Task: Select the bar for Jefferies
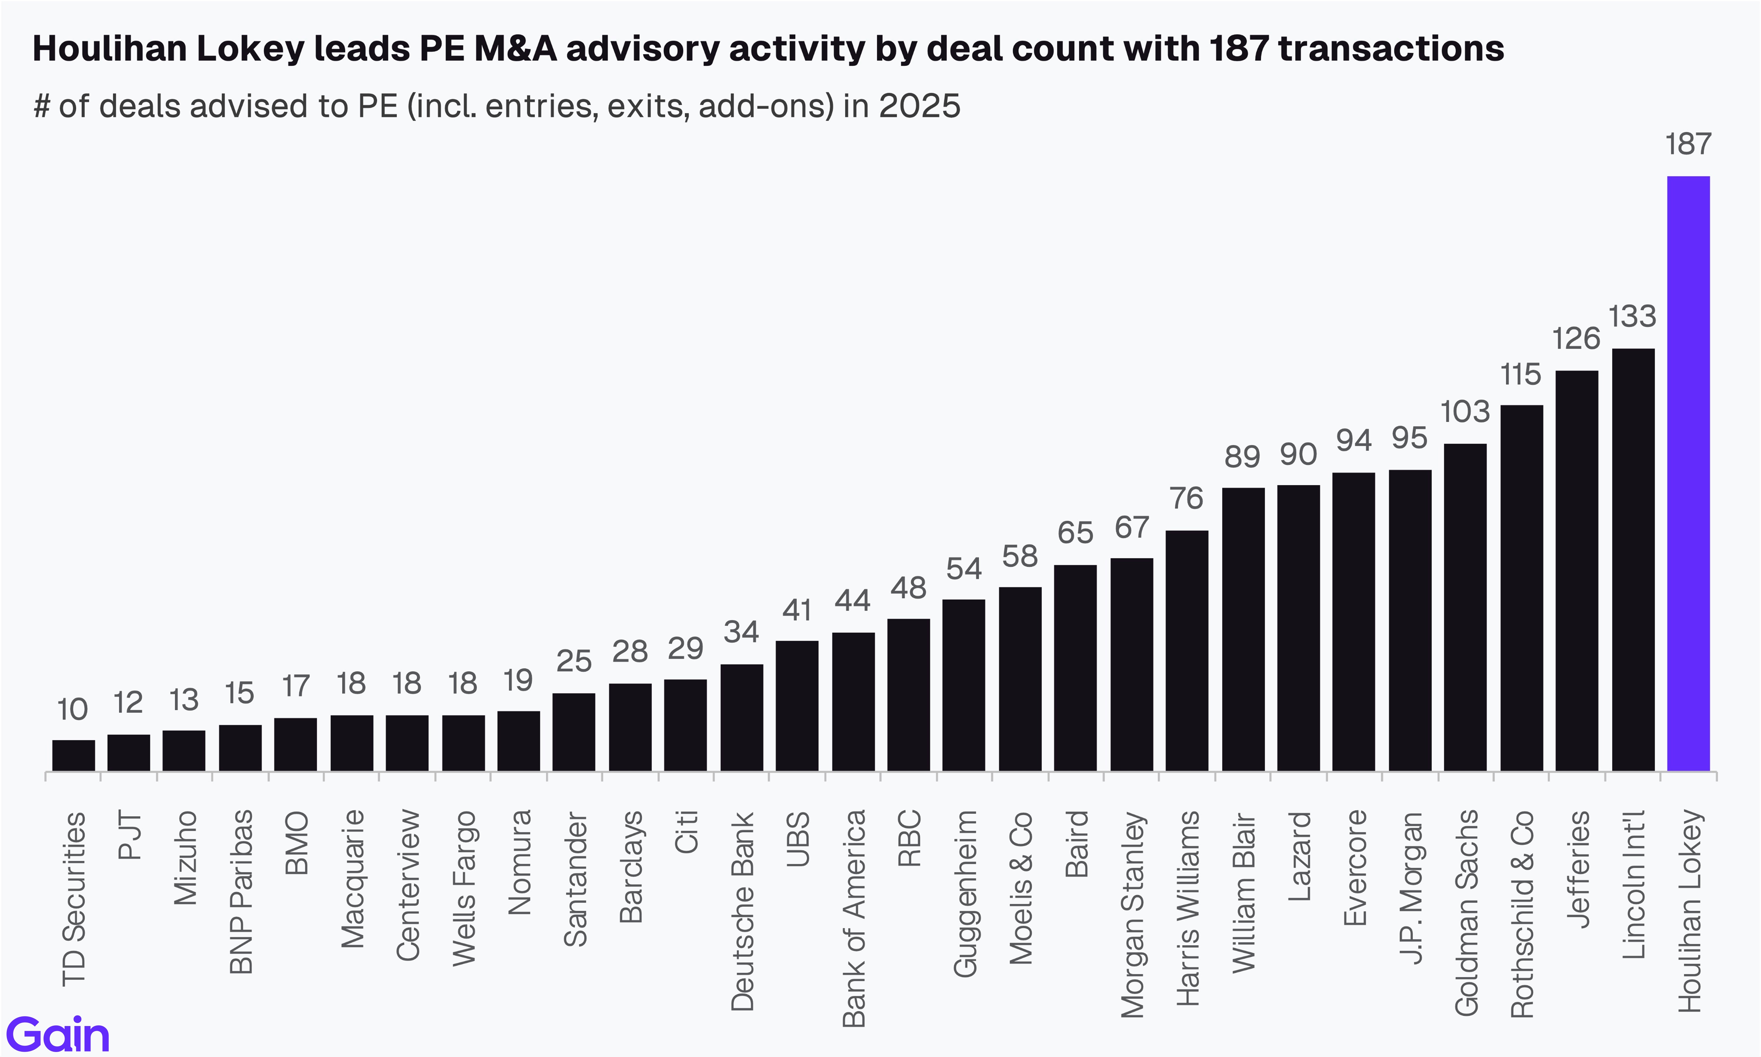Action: [x=1577, y=570]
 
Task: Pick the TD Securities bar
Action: [x=73, y=755]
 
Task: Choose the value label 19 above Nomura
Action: [x=518, y=681]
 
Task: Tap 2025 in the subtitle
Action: [x=920, y=106]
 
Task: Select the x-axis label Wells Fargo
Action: [x=463, y=888]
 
